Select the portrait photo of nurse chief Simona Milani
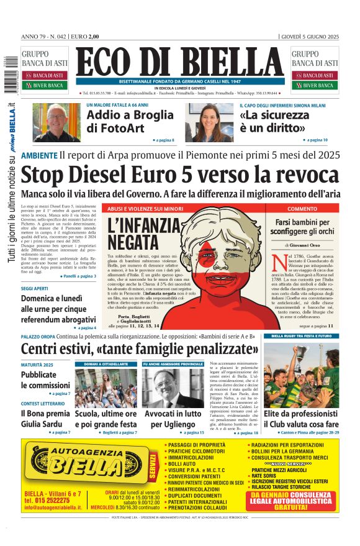point(207,122)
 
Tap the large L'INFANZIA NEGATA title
point(143,232)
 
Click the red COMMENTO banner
point(302,209)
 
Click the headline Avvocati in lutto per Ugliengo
point(173,419)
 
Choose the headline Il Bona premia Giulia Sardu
point(45,419)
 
